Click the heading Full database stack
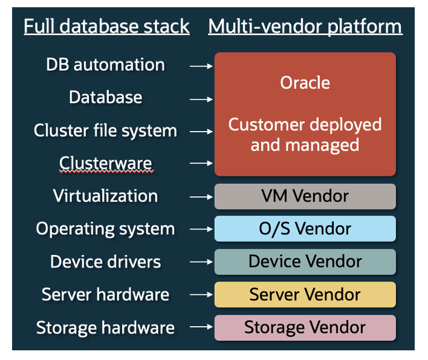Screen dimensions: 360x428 106,27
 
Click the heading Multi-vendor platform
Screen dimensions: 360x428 305,27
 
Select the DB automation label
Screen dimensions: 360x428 105,65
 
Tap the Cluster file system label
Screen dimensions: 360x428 105,130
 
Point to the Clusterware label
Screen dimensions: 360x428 105,163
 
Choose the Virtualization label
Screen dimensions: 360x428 105,196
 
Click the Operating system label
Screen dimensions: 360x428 105,229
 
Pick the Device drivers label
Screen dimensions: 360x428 105,262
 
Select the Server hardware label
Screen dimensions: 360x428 105,294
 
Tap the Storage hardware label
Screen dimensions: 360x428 105,327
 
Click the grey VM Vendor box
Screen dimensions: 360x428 305,196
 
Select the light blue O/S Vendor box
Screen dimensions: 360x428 305,229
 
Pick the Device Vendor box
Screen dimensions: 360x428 305,262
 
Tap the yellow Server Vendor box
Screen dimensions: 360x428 305,294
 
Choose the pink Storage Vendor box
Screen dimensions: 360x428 305,327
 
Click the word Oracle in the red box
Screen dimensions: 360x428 305,82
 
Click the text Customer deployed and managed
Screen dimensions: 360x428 305,135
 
